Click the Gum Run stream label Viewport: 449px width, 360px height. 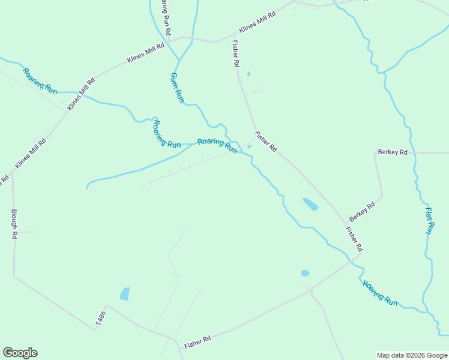[176, 88]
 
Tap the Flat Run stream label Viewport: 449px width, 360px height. [429, 220]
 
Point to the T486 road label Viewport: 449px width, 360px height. [100, 319]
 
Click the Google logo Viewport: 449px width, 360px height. [20, 353]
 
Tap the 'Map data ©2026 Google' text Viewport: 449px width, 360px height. [412, 355]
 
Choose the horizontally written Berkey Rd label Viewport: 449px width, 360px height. [393, 152]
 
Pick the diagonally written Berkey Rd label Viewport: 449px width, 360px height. [362, 212]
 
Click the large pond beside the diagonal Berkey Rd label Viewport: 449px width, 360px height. [310, 204]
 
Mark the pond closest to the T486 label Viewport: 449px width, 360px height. [124, 293]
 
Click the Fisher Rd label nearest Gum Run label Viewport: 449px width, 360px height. [237, 55]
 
